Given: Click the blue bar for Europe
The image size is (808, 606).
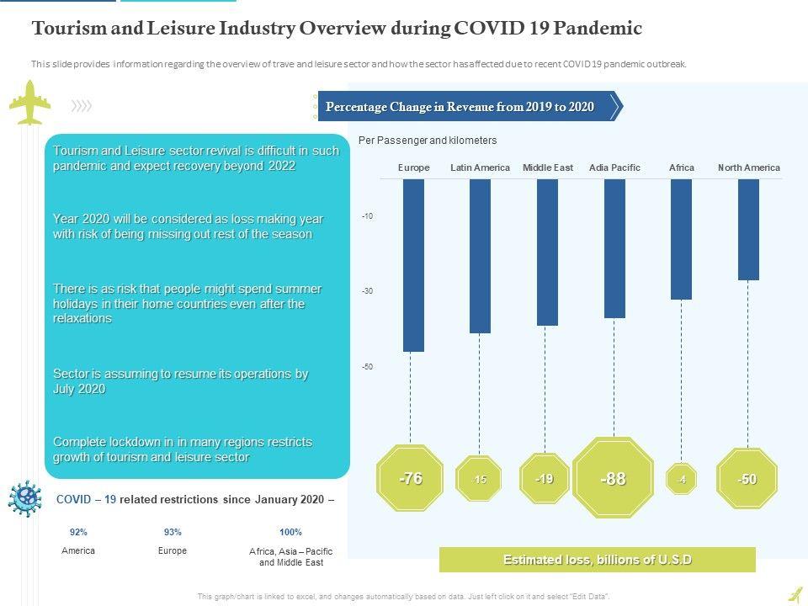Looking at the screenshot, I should pyautogui.click(x=413, y=265).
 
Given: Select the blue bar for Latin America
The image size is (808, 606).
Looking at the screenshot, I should pyautogui.click(x=480, y=256).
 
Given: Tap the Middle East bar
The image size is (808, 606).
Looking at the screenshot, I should pyautogui.click(x=547, y=252).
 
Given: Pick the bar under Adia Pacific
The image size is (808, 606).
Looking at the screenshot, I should pyautogui.click(x=614, y=248).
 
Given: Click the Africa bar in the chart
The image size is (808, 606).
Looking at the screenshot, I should pyautogui.click(x=681, y=239).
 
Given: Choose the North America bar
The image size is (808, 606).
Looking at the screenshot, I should pyautogui.click(x=748, y=229).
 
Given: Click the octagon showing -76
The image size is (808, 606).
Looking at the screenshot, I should pyautogui.click(x=411, y=478).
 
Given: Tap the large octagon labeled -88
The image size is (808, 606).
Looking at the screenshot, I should pyautogui.click(x=614, y=478).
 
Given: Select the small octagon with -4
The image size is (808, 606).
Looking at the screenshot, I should pyautogui.click(x=681, y=479).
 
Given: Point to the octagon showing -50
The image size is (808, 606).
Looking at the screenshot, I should pyautogui.click(x=747, y=479).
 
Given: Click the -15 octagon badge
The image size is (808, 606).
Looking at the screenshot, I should pyautogui.click(x=479, y=479).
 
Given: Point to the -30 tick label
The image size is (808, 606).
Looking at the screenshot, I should pyautogui.click(x=368, y=291).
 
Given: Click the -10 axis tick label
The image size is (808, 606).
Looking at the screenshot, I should pyautogui.click(x=368, y=216).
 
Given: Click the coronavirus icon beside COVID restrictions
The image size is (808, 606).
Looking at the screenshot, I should pyautogui.click(x=25, y=498).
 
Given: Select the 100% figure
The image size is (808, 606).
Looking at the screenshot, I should pyautogui.click(x=290, y=532).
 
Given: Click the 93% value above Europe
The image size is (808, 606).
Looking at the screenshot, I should pyautogui.click(x=173, y=532).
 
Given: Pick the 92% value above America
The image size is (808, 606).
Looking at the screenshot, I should pyautogui.click(x=78, y=532).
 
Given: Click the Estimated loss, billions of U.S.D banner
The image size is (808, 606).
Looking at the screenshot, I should pyautogui.click(x=598, y=560).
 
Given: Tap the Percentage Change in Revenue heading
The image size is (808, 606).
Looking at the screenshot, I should pyautogui.click(x=460, y=107).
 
